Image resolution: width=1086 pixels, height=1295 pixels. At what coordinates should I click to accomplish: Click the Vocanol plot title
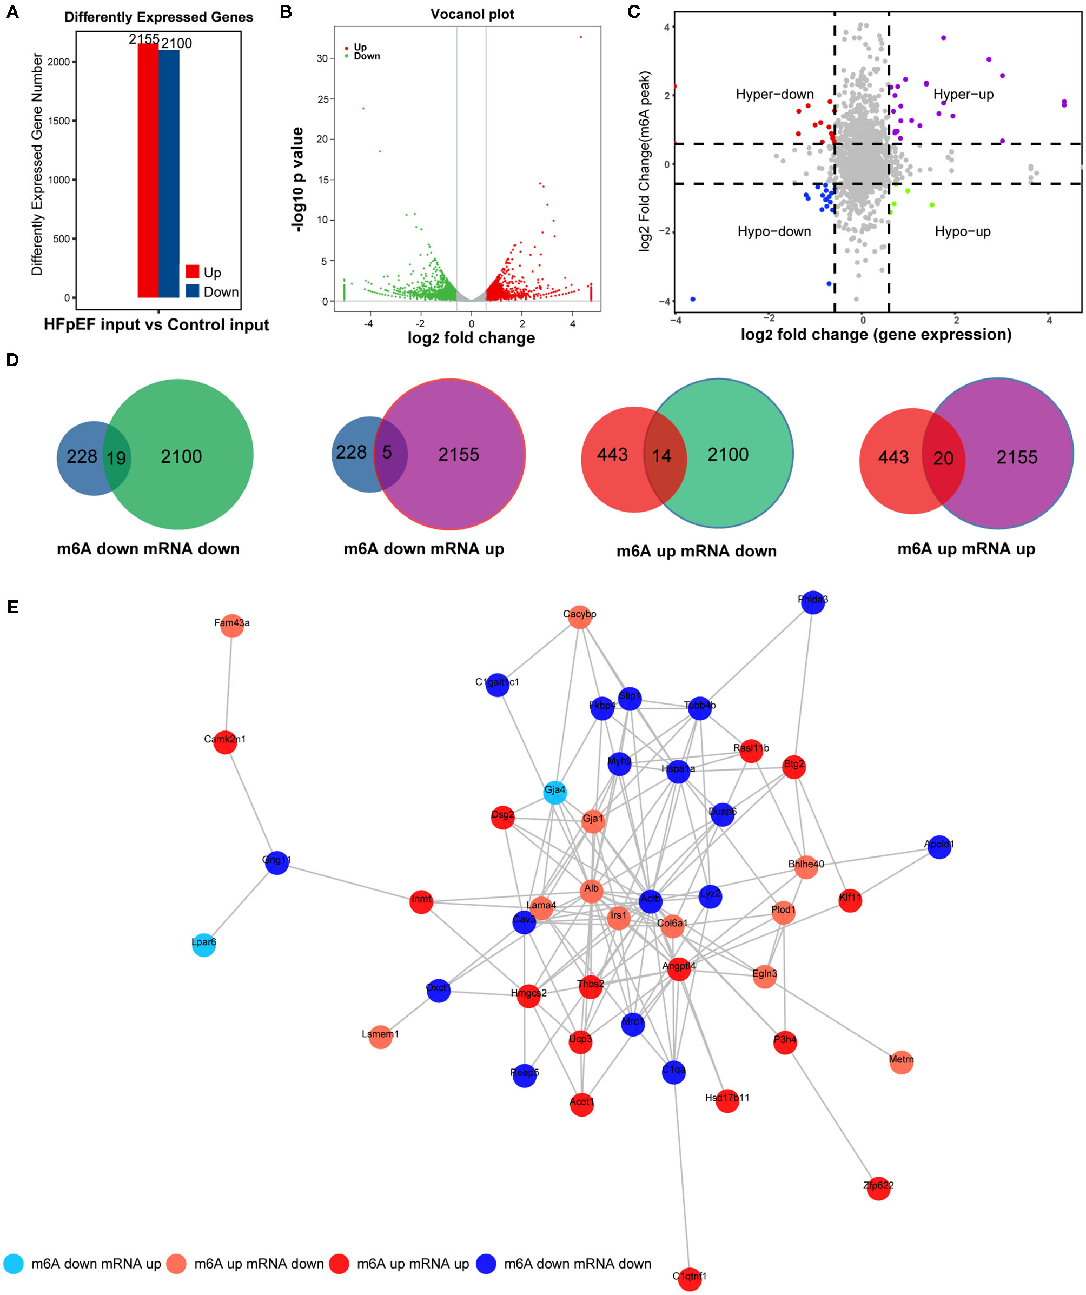[x=472, y=14]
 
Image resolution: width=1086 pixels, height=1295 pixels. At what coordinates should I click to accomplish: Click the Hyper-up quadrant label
[x=963, y=94]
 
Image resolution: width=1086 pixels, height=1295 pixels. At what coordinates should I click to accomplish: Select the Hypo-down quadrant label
[x=774, y=231]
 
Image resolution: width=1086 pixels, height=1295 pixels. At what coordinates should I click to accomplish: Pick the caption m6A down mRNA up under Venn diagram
[x=423, y=549]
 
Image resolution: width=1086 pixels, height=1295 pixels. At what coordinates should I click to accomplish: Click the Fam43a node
[x=232, y=625]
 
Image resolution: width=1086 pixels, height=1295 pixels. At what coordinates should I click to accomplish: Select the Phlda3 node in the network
[x=813, y=602]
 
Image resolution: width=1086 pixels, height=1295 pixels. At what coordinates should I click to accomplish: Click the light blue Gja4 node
[x=554, y=792]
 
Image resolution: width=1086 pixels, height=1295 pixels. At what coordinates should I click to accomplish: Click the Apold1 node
[x=938, y=846]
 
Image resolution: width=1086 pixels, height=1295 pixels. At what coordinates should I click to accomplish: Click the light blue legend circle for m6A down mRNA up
[x=14, y=1264]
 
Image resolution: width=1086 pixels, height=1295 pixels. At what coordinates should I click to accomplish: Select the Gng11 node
[x=277, y=862]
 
